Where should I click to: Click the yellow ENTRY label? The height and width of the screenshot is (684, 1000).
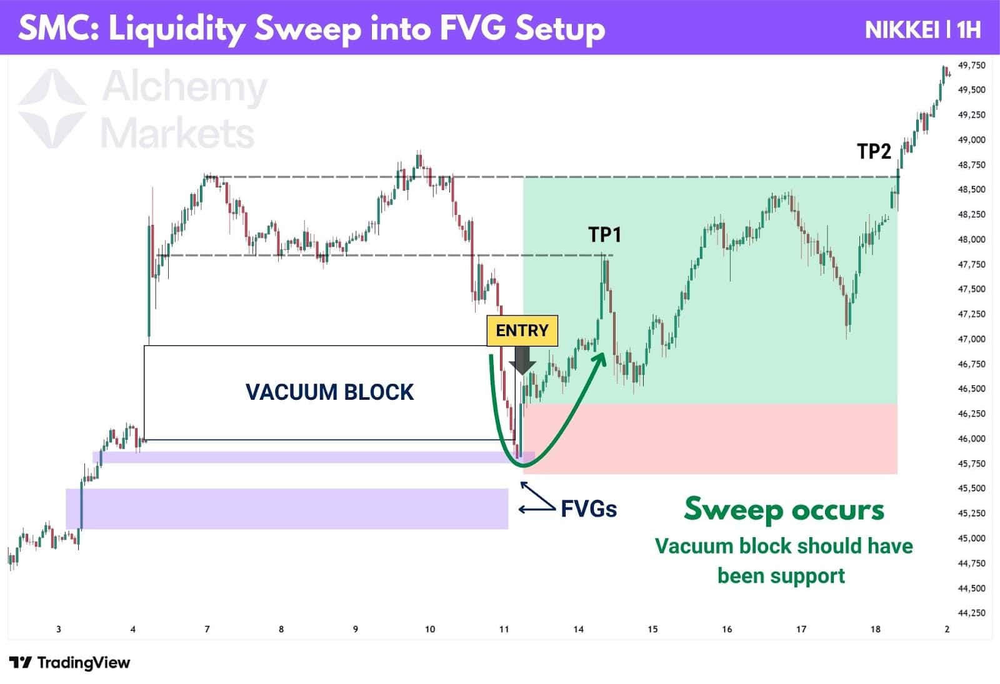point(522,330)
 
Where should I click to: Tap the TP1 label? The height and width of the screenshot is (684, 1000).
point(604,235)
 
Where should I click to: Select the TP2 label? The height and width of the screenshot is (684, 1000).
point(873,151)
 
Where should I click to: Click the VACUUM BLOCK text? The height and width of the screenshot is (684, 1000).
point(329,392)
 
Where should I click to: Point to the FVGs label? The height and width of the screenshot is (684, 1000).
point(588,509)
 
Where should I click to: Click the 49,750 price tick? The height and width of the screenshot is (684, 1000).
point(971,65)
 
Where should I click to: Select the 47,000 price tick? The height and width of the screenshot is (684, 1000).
point(971,339)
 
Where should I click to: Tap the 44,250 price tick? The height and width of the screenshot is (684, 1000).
point(971,613)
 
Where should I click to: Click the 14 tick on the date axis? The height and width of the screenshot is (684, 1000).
point(578,629)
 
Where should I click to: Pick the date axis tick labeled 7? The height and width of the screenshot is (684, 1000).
point(207,629)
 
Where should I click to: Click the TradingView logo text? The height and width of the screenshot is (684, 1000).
point(83,663)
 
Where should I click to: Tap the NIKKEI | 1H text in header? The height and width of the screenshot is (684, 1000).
point(922,29)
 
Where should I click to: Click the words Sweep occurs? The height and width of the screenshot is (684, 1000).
point(784,510)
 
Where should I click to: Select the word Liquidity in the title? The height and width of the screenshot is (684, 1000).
point(177,29)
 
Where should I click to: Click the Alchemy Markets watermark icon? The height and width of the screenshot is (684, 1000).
point(51,109)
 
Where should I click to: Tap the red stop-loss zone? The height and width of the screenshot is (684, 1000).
point(709,439)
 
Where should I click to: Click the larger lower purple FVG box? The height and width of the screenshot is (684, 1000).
point(287,508)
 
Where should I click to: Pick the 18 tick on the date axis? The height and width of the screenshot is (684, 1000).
point(875,629)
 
